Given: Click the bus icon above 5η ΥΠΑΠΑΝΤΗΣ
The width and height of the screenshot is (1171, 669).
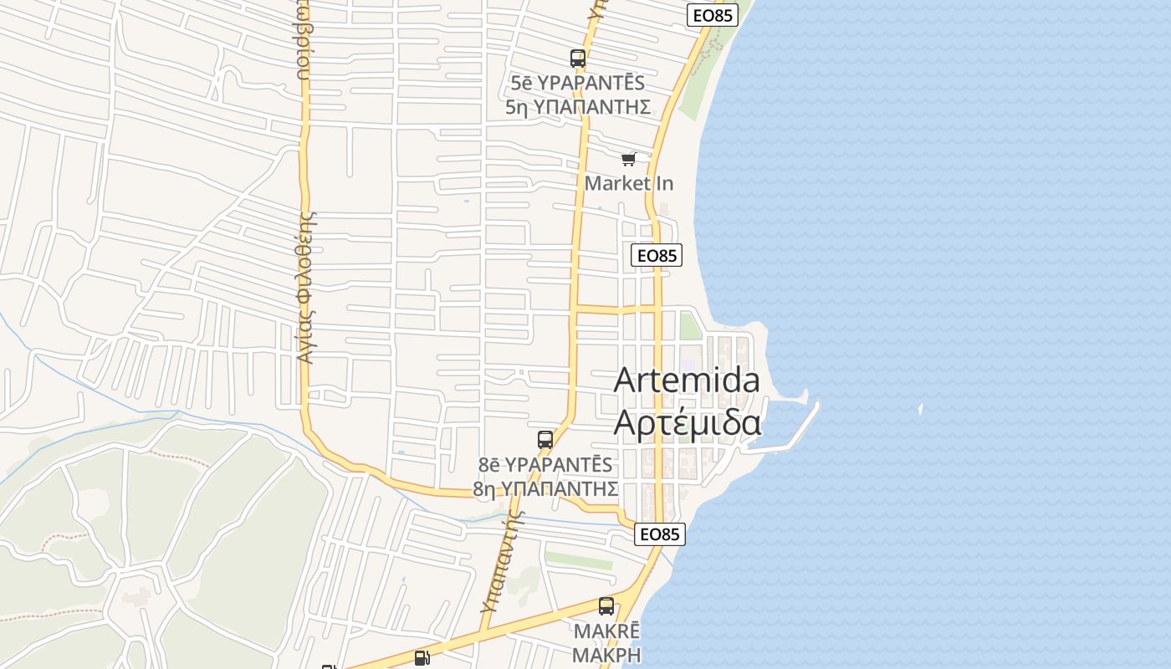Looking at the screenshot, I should click(578, 59).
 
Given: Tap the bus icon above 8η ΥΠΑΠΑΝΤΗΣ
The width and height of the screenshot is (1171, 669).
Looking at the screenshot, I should click(545, 440).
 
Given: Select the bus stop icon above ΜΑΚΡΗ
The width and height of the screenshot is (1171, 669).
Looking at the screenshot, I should click(606, 606).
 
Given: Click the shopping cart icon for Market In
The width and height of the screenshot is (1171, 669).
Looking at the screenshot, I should click(629, 159).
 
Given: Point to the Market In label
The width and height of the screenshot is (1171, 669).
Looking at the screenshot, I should click(629, 183).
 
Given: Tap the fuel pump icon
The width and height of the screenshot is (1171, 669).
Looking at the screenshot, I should click(422, 658).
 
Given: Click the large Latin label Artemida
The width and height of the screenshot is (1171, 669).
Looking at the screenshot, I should click(687, 380).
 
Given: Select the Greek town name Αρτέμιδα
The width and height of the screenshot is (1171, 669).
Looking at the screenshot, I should click(687, 422).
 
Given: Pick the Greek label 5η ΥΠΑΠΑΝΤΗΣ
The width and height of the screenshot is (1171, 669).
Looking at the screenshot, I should click(578, 106).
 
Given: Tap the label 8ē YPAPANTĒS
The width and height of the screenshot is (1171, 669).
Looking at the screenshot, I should click(545, 464).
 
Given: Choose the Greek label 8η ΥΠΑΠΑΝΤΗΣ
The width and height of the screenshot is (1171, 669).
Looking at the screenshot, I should click(545, 488).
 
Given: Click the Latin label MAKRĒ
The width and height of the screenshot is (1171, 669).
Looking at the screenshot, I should click(606, 631).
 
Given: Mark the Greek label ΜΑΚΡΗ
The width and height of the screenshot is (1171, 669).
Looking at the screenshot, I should click(606, 654).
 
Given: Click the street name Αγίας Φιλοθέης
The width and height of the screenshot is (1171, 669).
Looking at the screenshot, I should click(306, 286).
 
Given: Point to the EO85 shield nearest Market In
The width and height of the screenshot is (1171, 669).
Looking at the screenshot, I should click(657, 256).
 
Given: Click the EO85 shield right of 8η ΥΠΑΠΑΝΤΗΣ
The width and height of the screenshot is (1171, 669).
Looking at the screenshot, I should click(660, 534).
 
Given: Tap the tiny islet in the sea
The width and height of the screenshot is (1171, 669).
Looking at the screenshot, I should click(920, 410).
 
